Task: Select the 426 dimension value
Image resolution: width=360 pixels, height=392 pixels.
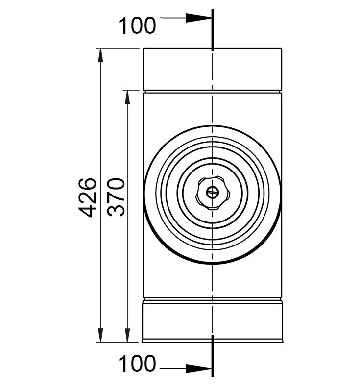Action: [89, 197]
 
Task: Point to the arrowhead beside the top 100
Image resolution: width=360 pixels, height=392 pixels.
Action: [199, 18]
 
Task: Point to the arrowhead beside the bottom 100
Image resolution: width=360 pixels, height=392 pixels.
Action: [199, 369]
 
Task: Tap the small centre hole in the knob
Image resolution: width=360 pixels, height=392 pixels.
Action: [212, 193]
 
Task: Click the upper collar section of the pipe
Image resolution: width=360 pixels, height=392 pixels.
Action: [212, 69]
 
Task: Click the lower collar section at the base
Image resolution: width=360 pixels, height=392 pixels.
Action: [212, 321]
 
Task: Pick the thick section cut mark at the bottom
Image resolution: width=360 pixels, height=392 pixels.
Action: [212, 356]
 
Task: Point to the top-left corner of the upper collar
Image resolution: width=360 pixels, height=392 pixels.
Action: [143, 48]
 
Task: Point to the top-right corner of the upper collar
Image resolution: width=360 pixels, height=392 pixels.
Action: [282, 48]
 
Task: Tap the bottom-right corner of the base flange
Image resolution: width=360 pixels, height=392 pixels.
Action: [283, 342]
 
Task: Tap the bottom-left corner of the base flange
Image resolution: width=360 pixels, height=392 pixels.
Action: [142, 342]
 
